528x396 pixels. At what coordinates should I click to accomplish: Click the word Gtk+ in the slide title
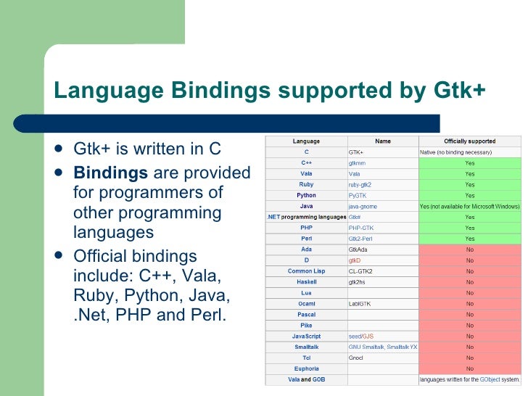click(460, 90)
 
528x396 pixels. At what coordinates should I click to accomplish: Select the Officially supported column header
click(469, 141)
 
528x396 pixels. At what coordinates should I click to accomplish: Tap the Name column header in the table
click(382, 141)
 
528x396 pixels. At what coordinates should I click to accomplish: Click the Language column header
click(306, 141)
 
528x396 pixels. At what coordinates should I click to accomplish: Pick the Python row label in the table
click(306, 195)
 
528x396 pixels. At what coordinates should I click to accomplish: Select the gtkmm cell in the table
click(357, 163)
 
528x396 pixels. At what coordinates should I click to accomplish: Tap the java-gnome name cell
click(363, 206)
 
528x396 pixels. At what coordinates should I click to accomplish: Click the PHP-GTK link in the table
click(361, 228)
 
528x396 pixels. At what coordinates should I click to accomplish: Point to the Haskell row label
click(306, 282)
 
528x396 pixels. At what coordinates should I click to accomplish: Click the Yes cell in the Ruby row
click(469, 184)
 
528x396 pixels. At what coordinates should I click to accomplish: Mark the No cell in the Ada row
click(469, 249)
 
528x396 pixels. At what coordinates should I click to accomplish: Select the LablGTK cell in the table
click(360, 304)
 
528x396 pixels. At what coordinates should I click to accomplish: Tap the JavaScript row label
click(306, 337)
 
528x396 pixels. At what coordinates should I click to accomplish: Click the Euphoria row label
click(306, 368)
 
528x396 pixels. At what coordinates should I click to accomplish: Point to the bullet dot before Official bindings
click(59, 257)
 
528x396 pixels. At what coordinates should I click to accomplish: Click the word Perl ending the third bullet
click(208, 316)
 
